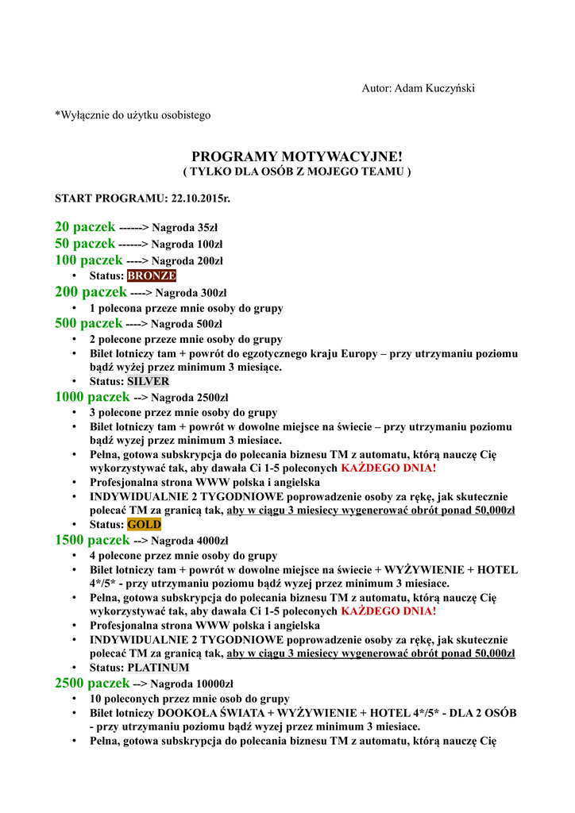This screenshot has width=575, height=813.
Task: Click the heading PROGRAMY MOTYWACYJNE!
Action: (297, 157)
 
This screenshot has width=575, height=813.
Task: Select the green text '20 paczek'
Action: (85, 227)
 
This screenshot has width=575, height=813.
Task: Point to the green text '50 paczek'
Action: (85, 243)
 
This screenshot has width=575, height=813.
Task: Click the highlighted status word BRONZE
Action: (152, 275)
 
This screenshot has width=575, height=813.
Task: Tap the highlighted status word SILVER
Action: (148, 381)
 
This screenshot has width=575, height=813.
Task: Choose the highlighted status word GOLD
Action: (144, 524)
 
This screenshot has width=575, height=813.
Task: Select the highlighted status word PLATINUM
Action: (158, 668)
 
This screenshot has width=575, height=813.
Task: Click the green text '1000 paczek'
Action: (92, 397)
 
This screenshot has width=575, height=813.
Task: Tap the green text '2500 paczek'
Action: (92, 684)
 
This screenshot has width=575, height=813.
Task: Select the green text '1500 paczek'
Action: (92, 541)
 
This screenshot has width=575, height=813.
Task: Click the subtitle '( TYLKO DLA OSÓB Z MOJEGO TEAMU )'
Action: (297, 171)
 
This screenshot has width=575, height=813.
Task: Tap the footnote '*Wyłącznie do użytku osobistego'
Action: (133, 116)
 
